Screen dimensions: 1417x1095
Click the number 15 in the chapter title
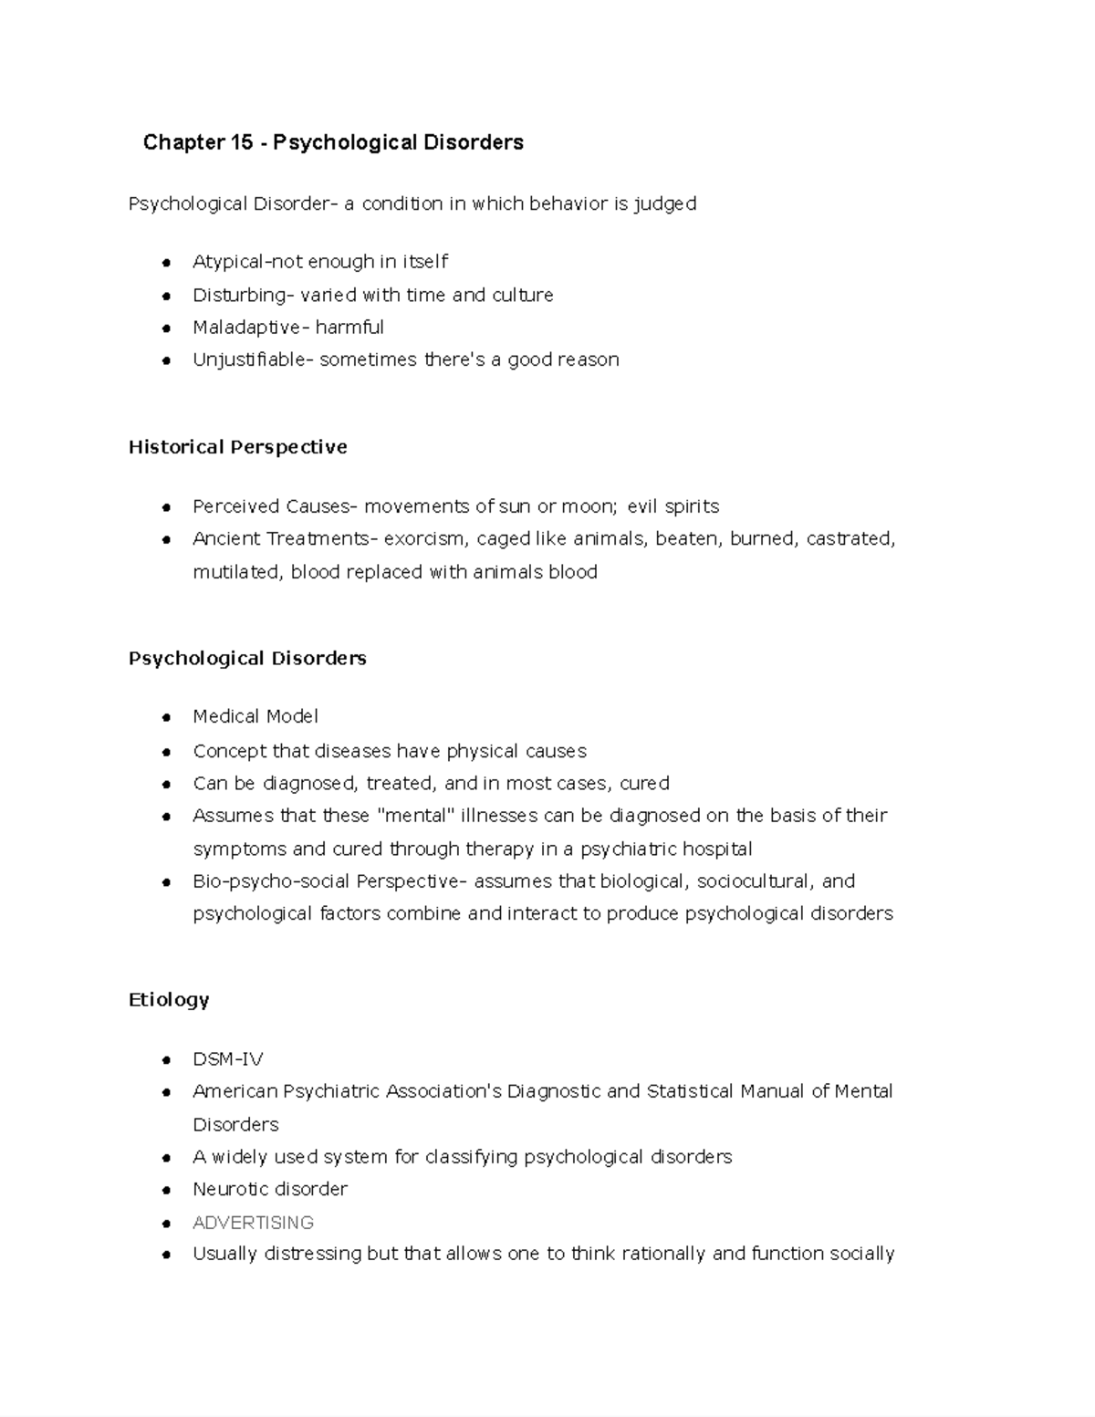coord(241,142)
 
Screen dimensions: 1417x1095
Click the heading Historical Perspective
coord(237,447)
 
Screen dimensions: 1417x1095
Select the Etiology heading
coord(169,1000)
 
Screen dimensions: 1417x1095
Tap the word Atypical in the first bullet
coord(227,262)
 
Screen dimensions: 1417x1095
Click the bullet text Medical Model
coord(255,717)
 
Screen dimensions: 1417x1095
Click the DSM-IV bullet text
coord(227,1059)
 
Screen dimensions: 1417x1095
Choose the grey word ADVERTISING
coord(253,1223)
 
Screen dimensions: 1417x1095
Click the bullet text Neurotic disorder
coord(270,1190)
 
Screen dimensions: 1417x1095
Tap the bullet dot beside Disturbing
coord(166,297)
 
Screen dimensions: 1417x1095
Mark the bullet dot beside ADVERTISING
coord(166,1224)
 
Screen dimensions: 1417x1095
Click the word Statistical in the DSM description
coord(690,1091)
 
